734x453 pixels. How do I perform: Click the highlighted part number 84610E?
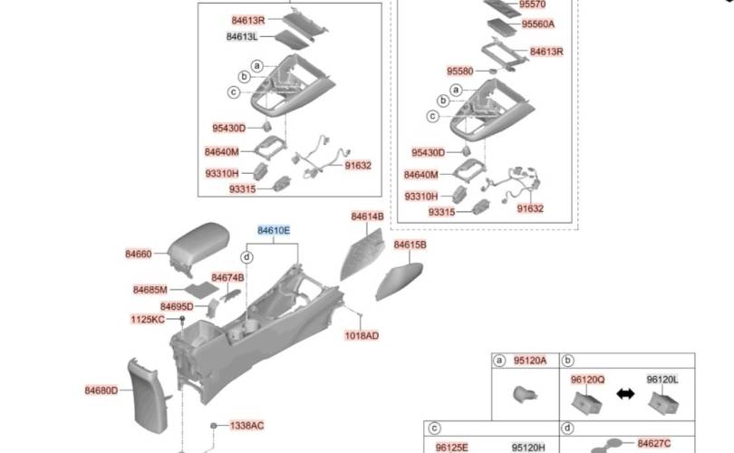point(274,231)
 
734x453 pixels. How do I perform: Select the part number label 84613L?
point(242,36)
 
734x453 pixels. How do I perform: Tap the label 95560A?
point(538,24)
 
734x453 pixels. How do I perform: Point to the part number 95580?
point(459,72)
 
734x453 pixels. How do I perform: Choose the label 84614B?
point(368,217)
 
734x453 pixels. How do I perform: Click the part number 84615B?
point(410,245)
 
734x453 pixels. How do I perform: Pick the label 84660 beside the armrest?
point(139,254)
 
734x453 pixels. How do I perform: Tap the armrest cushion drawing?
point(199,246)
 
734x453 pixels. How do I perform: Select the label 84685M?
point(150,290)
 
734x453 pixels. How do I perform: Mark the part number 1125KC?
point(148,320)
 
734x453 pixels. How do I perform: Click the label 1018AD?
point(362,335)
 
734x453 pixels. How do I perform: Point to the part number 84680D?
point(101,390)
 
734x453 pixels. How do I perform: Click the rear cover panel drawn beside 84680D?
point(149,395)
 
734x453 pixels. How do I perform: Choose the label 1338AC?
point(246,426)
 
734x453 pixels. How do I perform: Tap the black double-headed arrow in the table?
point(625,394)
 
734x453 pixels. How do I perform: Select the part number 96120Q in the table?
point(587,380)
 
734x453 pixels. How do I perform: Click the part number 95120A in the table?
point(530,361)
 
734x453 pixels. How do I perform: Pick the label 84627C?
point(654,443)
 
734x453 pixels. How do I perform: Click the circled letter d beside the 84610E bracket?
point(246,257)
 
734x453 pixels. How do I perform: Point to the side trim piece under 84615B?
point(399,281)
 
